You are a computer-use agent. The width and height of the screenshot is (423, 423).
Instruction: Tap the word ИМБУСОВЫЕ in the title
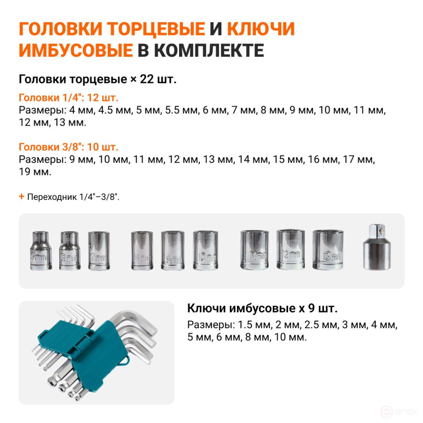[75, 51]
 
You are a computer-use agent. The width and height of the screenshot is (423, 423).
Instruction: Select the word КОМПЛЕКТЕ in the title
[209, 51]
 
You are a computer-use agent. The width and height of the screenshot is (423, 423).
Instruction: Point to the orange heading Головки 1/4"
[68, 98]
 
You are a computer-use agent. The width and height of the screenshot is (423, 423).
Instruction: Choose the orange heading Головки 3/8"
[68, 147]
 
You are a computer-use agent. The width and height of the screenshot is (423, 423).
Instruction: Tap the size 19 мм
[35, 172]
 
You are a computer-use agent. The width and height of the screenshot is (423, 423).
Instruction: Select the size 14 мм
[253, 160]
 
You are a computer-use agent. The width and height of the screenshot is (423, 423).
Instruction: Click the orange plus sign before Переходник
[21, 196]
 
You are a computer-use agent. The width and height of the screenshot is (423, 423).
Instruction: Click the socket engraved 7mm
[99, 251]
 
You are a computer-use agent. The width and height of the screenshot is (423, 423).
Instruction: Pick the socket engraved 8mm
[142, 251]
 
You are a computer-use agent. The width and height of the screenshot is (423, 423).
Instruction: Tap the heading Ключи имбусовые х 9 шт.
[262, 309]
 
